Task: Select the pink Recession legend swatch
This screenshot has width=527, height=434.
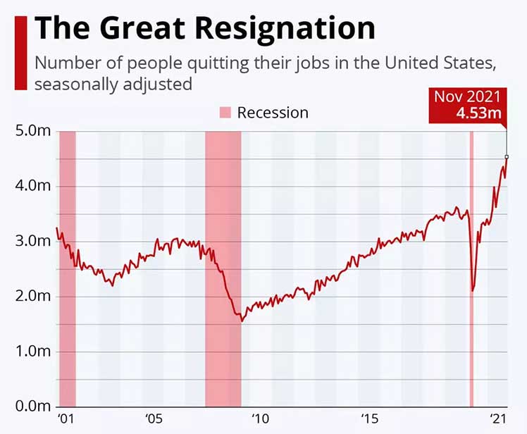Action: tap(225, 113)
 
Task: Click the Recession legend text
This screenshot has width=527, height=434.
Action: tap(273, 113)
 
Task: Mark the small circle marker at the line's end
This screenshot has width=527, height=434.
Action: tap(507, 156)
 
